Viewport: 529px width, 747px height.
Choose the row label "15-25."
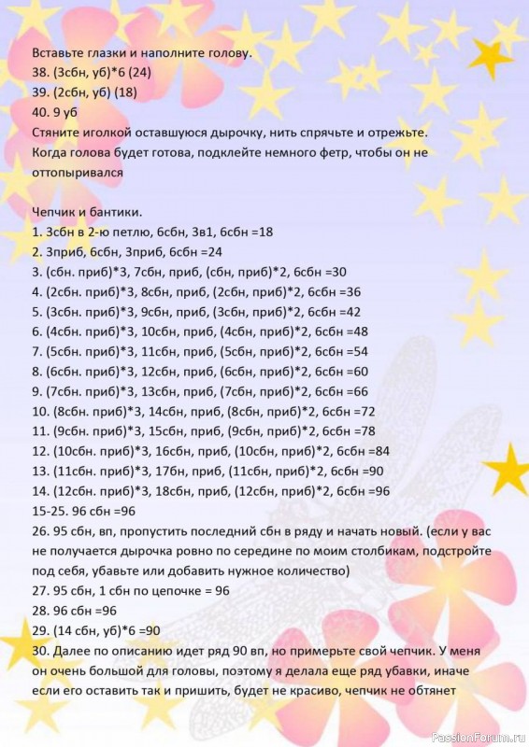click(50, 511)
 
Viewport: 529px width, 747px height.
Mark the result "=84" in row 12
click(377, 451)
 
